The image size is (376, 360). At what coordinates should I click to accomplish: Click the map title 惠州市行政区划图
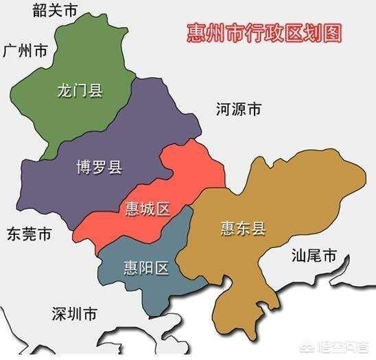[265, 33]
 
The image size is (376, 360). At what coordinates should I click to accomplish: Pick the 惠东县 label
[244, 227]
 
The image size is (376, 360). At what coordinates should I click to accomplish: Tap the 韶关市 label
[56, 10]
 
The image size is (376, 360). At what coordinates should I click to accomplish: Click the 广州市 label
[25, 51]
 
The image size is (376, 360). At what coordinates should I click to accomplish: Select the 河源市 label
[238, 109]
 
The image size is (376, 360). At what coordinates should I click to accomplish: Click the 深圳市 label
[74, 314]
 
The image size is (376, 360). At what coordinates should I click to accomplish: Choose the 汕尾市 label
[314, 257]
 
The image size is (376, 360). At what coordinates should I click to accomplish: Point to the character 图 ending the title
[333, 33]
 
